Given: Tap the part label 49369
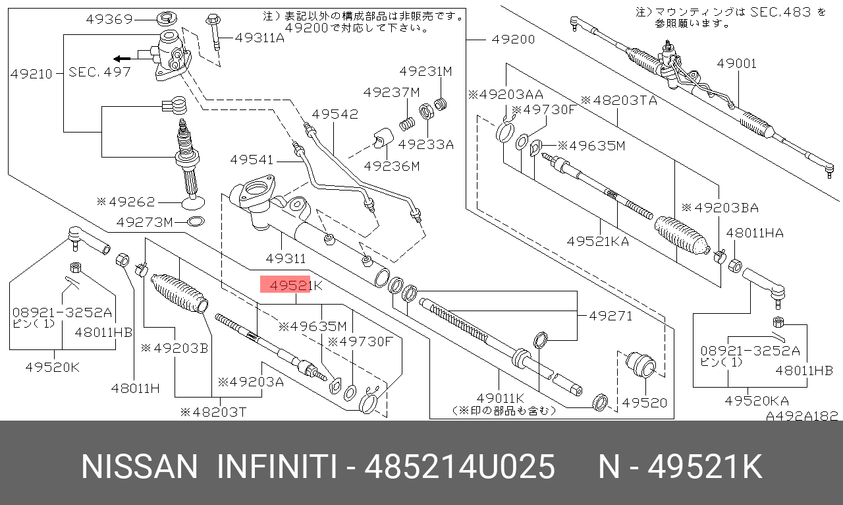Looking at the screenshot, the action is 109,19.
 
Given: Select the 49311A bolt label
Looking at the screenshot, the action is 260,38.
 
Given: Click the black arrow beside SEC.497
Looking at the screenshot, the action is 122,59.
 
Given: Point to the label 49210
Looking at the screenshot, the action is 31,74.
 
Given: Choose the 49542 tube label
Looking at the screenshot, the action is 335,114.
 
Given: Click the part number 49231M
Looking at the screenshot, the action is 425,71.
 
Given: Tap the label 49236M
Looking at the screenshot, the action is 392,166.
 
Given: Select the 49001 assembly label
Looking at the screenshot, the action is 737,63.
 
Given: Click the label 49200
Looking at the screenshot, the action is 513,39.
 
